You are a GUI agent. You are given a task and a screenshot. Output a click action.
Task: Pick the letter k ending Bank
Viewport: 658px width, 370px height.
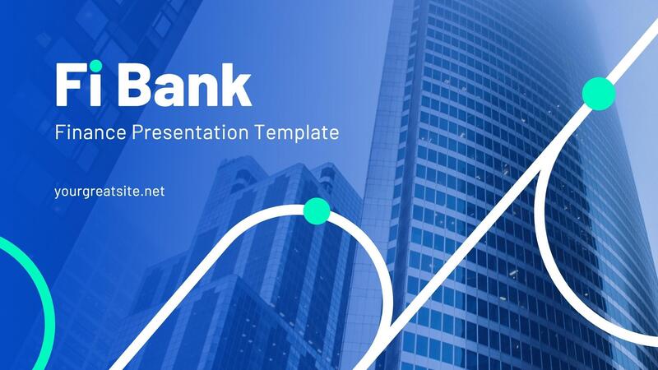[238, 84]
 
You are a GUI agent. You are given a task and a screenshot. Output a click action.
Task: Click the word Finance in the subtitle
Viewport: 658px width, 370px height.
[85, 132]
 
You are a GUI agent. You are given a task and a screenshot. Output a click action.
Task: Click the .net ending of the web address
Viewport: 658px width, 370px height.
[151, 191]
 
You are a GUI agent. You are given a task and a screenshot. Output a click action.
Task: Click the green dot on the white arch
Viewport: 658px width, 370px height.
[317, 211]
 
